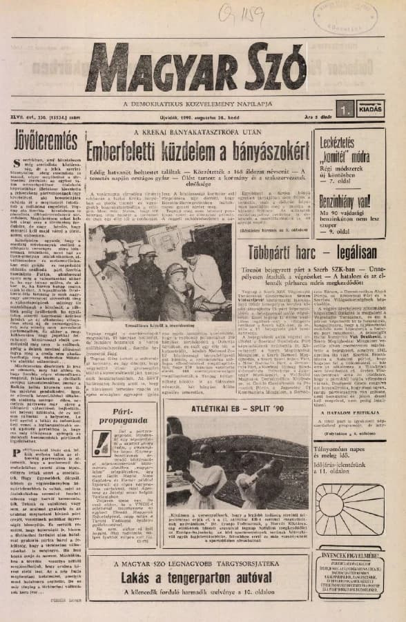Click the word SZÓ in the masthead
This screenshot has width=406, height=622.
click(270, 70)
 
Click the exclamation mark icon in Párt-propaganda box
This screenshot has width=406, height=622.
click(101, 442)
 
